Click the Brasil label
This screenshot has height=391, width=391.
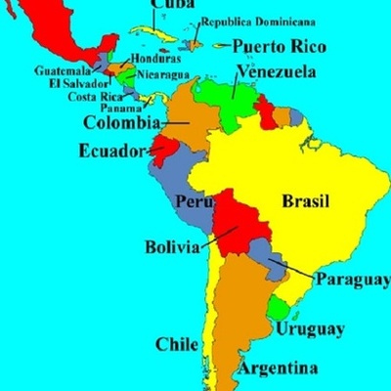[306, 201]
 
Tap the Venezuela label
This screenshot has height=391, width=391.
[278, 71]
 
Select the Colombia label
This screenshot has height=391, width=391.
[121, 123]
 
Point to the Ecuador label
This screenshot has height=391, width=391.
[110, 152]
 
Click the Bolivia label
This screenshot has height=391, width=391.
[172, 246]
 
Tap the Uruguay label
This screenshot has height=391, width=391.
[309, 328]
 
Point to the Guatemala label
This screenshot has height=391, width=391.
[64, 70]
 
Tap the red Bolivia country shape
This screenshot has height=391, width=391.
[239, 222]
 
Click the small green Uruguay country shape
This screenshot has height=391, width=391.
[280, 310]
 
